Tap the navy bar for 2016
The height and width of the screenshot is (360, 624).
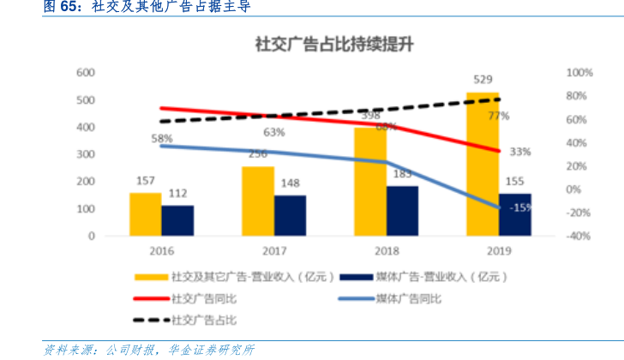click(x=177, y=220)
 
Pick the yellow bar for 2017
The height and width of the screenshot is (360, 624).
click(x=258, y=201)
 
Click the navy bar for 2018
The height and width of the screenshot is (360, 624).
click(x=402, y=210)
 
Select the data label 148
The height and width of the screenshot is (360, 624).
click(x=290, y=183)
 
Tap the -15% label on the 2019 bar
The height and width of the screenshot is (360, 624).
click(x=519, y=207)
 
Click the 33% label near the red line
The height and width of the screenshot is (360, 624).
click(x=520, y=152)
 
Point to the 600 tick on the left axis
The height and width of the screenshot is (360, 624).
click(x=84, y=73)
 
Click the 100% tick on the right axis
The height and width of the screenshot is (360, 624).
click(x=579, y=73)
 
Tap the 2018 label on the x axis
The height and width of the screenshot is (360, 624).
click(x=387, y=251)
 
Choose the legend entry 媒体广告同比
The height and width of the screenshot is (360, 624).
click(x=400, y=299)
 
